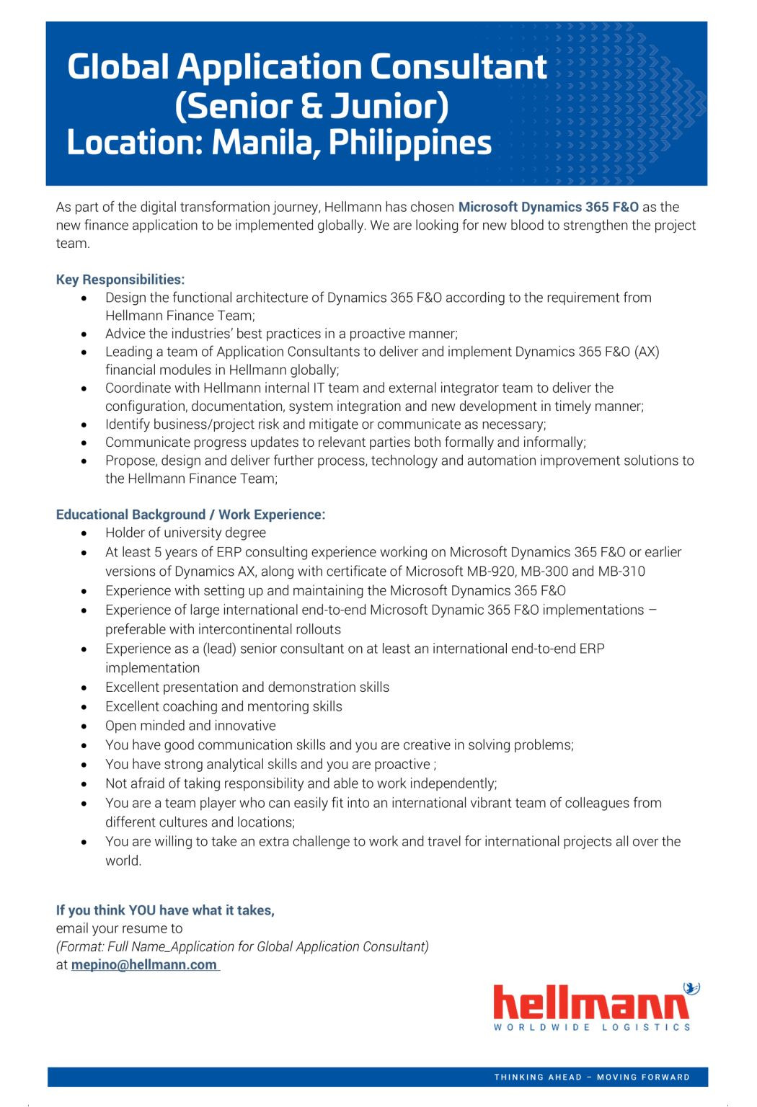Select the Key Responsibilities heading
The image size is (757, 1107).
tap(120, 280)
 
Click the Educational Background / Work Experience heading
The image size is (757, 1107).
tap(190, 515)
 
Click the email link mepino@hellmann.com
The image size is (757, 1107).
tap(144, 965)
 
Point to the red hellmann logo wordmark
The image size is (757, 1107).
tap(591, 1002)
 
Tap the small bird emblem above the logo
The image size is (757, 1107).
tap(691, 988)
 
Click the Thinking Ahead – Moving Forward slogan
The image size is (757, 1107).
tap(592, 1077)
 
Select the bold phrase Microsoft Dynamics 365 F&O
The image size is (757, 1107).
tap(548, 207)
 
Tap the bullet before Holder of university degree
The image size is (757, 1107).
tap(85, 533)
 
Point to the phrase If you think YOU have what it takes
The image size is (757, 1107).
tap(165, 910)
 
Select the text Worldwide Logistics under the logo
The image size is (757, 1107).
tap(592, 1027)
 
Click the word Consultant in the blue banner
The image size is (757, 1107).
tap(459, 67)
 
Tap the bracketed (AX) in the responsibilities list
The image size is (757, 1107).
tap(647, 352)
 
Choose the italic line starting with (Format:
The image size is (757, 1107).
tap(242, 946)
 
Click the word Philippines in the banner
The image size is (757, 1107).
tap(410, 143)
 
